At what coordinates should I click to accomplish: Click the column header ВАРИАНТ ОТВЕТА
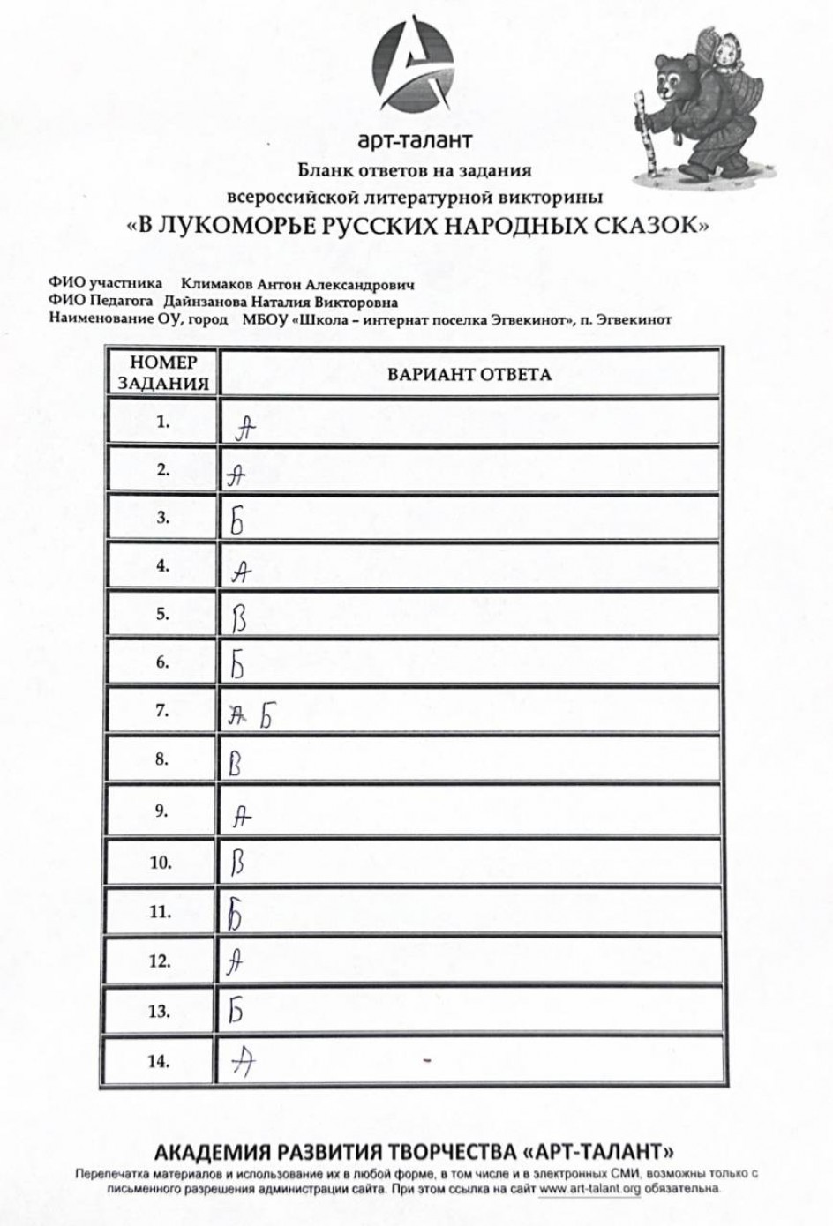pyautogui.click(x=469, y=374)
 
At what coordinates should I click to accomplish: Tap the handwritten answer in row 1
pyautogui.click(x=245, y=429)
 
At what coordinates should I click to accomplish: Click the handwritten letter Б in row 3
pyautogui.click(x=236, y=523)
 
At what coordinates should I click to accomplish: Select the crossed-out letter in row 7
pyautogui.click(x=236, y=718)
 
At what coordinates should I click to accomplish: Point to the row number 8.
pyautogui.click(x=161, y=759)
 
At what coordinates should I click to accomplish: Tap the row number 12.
pyautogui.click(x=160, y=961)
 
